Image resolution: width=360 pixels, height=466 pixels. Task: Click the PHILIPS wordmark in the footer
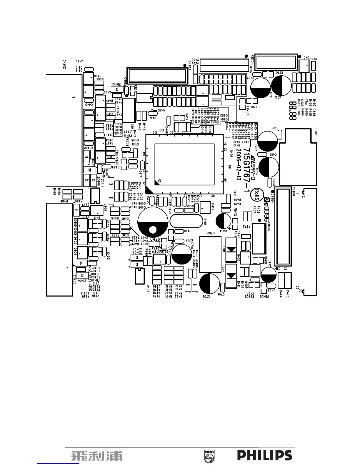tap(264, 455)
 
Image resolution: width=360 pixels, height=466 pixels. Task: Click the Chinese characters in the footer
tap(96, 456)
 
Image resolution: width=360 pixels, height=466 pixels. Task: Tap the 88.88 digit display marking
tap(293, 111)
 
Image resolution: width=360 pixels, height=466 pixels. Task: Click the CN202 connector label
tap(64, 64)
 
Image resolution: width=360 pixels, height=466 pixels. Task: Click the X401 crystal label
tap(205, 221)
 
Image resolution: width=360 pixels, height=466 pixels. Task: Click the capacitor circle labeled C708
tap(209, 284)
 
